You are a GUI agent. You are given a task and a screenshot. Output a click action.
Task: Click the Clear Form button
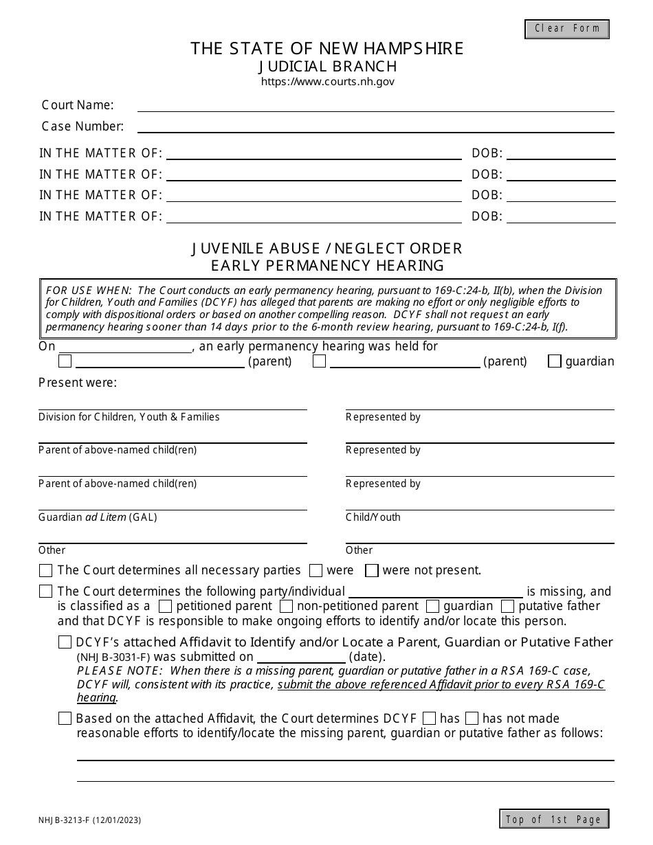[567, 29]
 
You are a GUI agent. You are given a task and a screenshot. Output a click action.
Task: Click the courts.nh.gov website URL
[327, 82]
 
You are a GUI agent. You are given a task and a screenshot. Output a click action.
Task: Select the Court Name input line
[375, 106]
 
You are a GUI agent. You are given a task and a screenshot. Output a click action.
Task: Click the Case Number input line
[375, 126]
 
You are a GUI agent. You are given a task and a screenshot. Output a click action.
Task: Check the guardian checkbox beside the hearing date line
[555, 361]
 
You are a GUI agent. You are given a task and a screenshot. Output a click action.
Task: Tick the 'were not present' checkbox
[372, 570]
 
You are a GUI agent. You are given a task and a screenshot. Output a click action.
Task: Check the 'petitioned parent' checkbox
[165, 606]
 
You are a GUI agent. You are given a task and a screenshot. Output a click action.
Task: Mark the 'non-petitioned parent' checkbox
[287, 606]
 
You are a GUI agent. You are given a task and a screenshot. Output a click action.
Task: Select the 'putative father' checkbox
[508, 606]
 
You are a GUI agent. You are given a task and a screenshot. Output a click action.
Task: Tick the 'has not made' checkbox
[472, 719]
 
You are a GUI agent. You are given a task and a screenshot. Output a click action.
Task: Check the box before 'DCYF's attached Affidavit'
[65, 642]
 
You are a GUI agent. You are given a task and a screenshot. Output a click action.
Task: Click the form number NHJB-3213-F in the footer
[67, 820]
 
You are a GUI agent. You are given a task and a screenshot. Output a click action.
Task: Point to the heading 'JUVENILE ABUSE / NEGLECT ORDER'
[327, 248]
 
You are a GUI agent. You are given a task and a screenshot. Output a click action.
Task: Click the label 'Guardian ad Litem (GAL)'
[98, 517]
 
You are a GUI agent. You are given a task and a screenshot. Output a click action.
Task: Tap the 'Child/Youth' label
[373, 517]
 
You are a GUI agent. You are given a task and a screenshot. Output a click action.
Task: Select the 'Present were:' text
[78, 383]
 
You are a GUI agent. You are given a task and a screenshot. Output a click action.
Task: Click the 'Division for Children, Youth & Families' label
[129, 417]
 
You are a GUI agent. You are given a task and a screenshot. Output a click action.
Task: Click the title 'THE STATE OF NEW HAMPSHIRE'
[327, 48]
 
